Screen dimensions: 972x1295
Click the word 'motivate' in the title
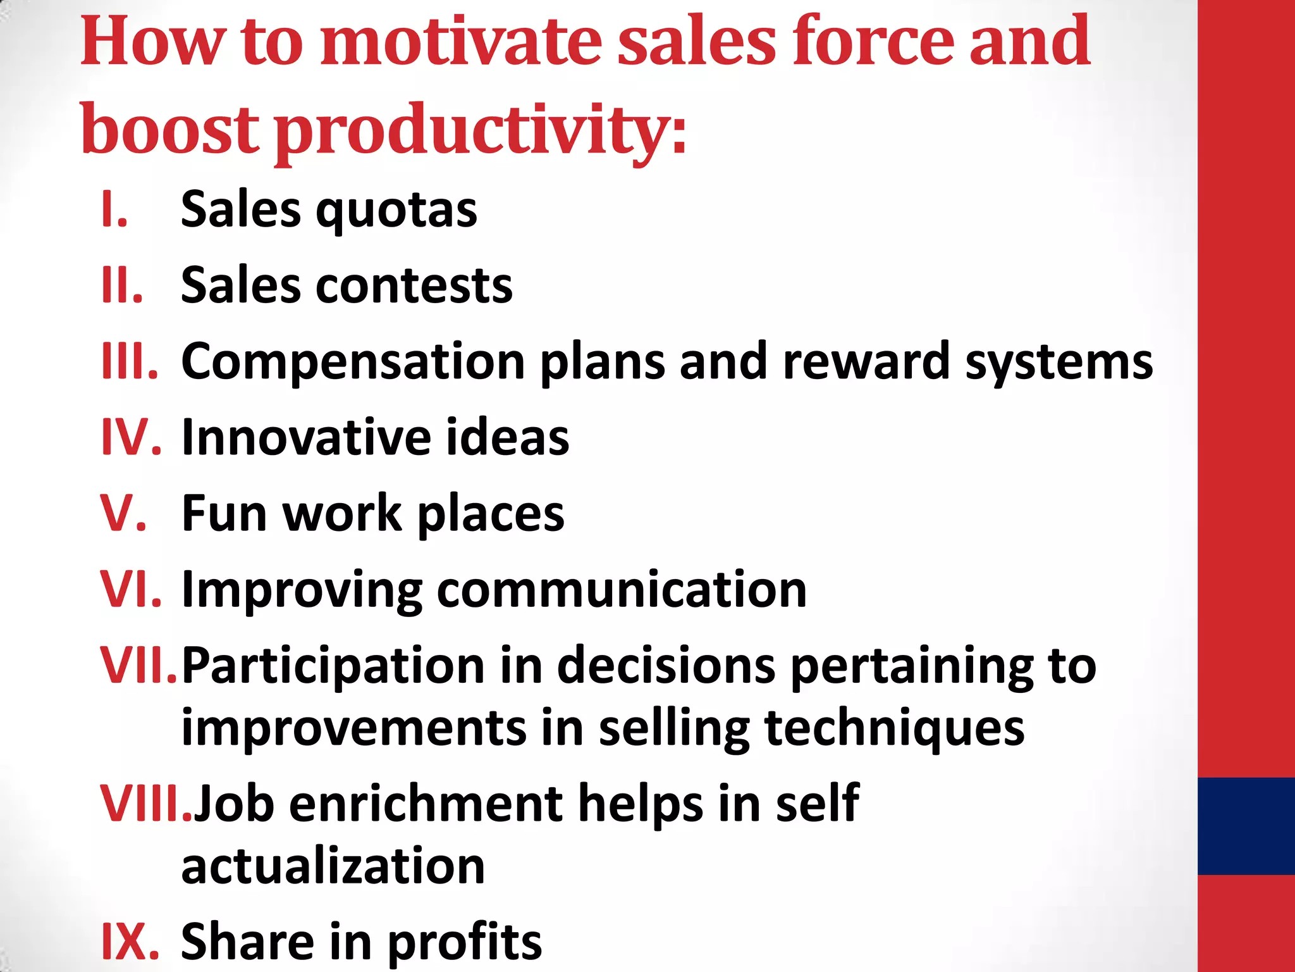461,42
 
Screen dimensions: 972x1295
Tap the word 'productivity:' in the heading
481,130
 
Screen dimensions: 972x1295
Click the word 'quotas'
396,211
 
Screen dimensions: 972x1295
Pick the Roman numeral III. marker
130,361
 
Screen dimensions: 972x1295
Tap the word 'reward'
866,361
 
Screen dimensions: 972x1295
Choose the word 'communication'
621,590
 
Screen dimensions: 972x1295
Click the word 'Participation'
333,666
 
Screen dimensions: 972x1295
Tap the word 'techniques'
894,728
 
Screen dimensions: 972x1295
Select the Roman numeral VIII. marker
146,804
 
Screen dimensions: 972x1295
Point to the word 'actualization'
333,866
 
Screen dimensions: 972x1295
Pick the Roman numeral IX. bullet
130,941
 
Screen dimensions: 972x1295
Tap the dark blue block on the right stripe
1246,826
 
